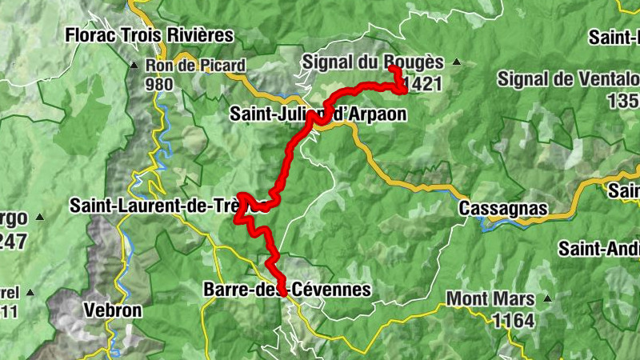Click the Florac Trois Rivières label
click(x=149, y=35)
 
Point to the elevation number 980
click(x=160, y=82)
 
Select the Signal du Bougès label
click(x=372, y=62)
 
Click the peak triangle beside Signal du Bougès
click(x=457, y=62)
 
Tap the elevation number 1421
click(x=423, y=84)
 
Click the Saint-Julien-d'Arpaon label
click(x=318, y=114)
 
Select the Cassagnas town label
click(x=503, y=209)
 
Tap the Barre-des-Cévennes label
click(x=287, y=289)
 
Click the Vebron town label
click(x=113, y=310)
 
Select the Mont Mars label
click(x=490, y=299)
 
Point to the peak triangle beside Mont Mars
click(x=548, y=299)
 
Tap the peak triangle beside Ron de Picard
click(x=134, y=66)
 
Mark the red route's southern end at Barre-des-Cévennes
click(x=282, y=294)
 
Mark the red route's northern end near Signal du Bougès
click(x=393, y=70)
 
